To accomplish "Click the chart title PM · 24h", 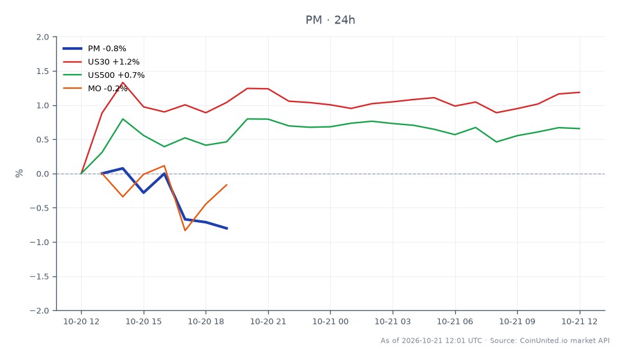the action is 330,20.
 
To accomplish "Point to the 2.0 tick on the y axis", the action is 43,37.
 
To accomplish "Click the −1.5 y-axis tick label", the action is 40,276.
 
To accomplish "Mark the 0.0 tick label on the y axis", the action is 43,174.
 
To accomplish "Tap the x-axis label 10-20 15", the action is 144,321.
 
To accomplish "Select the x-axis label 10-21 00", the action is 331,321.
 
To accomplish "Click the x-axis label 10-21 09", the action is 517,321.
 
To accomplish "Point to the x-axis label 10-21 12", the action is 580,321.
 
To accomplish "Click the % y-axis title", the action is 19,174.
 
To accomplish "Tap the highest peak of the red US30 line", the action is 123,82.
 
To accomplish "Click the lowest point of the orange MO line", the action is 185,230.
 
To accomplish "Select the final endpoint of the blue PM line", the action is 227,229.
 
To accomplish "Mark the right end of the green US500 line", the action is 580,128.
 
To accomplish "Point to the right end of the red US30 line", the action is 580,93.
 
